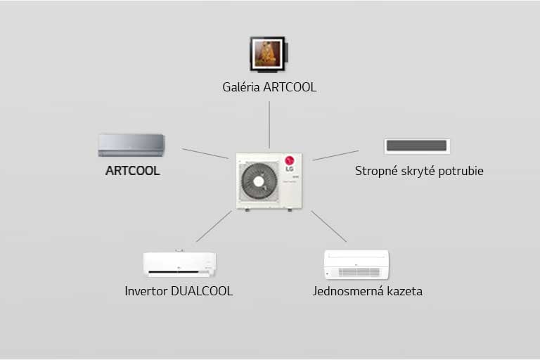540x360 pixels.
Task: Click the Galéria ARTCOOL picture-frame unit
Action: (267, 53)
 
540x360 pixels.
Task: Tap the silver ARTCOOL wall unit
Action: (131, 145)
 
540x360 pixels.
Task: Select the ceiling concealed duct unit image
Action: (417, 146)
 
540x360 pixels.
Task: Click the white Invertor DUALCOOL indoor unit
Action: (179, 264)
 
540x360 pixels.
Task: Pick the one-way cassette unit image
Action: (356, 264)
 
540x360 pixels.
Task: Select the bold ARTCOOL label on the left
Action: (132, 171)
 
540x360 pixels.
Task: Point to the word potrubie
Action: (460, 171)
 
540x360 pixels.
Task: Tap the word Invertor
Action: (146, 290)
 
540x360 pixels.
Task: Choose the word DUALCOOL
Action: (202, 290)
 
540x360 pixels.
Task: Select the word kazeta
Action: (405, 290)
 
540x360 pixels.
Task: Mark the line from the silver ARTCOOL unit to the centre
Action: (205, 153)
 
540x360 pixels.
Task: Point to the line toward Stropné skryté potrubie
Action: (335, 155)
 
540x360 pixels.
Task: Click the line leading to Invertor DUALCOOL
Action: (214, 226)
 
